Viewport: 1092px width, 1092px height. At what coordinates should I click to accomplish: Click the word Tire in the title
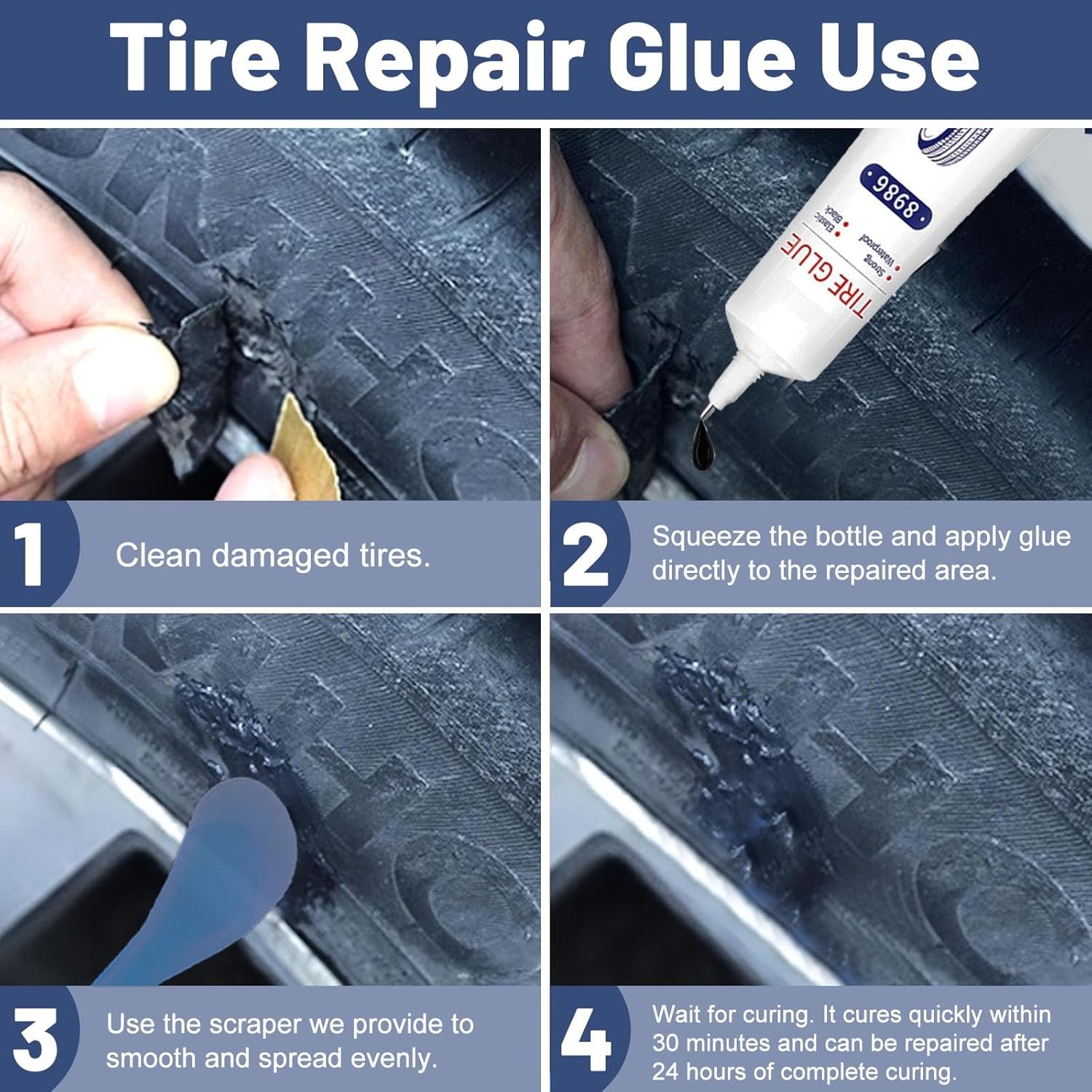pyautogui.click(x=195, y=58)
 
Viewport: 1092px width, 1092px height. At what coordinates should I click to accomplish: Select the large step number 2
pyautogui.click(x=585, y=555)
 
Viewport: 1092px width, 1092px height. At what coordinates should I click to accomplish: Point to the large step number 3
pyautogui.click(x=34, y=1040)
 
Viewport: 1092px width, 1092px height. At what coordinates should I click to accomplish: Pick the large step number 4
pyautogui.click(x=585, y=1040)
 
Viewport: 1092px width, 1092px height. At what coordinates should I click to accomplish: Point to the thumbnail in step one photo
pyautogui.click(x=116, y=386)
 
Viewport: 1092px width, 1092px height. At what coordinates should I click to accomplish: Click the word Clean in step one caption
pyautogui.click(x=159, y=556)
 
